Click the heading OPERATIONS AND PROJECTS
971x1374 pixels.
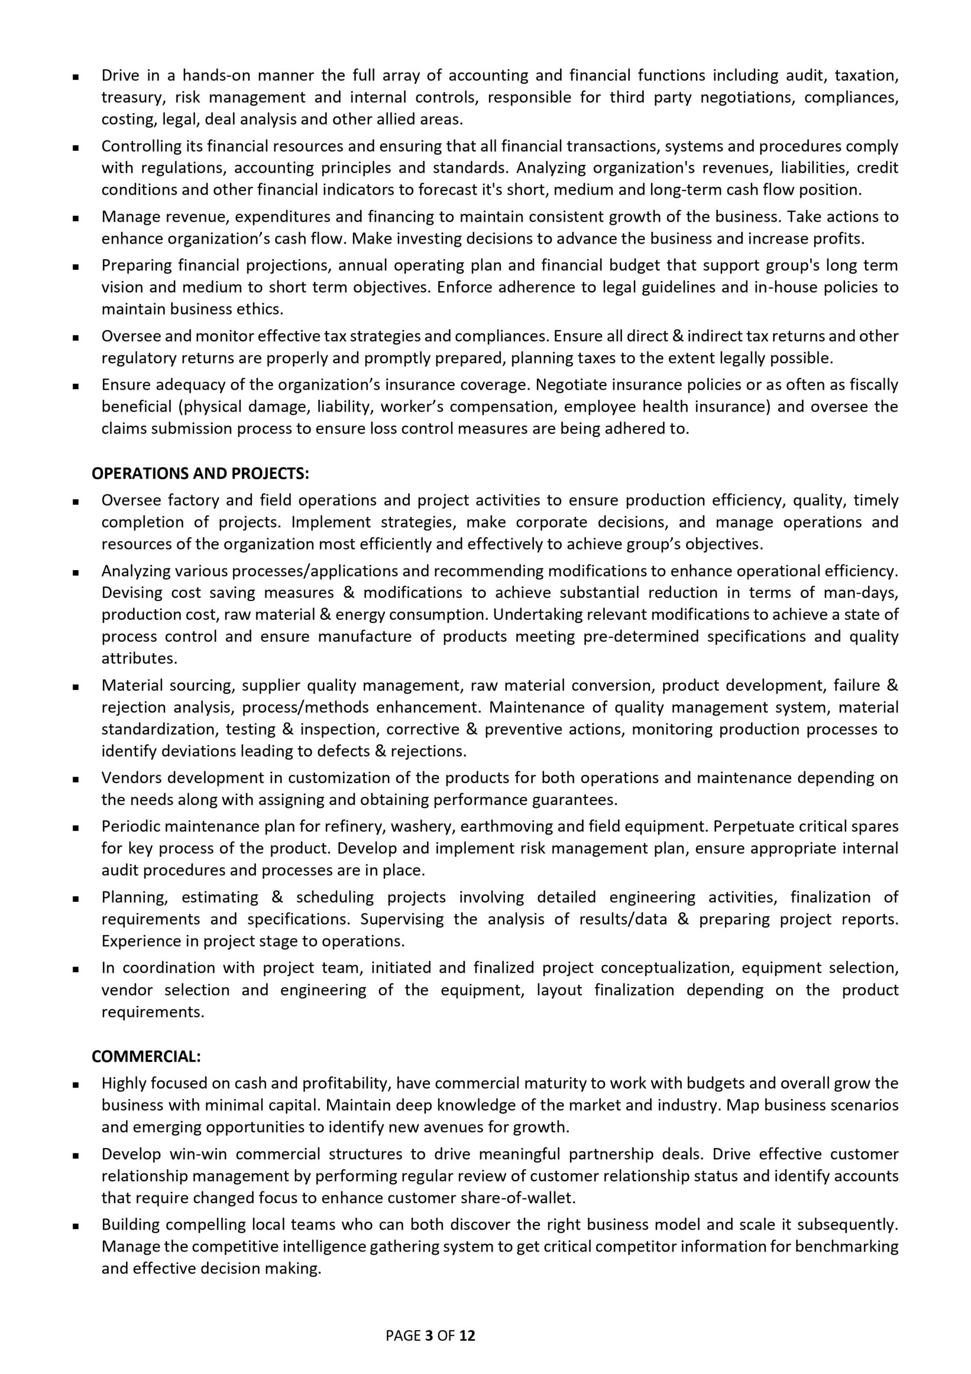point(201,473)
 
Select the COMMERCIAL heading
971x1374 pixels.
point(146,1056)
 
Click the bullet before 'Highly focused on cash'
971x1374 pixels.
point(76,1084)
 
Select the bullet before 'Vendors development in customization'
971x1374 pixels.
point(76,779)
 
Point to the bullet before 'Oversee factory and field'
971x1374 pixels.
point(76,501)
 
